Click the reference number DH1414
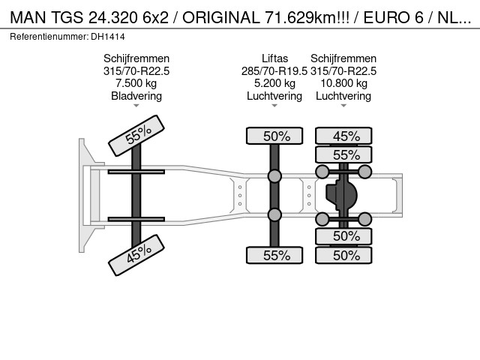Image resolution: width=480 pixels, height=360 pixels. (108, 37)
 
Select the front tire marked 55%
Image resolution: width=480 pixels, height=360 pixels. (136, 136)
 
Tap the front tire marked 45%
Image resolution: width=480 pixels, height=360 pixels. (136, 255)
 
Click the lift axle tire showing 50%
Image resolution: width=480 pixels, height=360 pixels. (274, 136)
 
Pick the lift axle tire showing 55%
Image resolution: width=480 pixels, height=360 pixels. (274, 255)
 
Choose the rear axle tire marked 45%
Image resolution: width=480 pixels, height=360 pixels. (343, 136)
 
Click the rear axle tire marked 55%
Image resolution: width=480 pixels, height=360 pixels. (343, 155)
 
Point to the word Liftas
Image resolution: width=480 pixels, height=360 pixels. (274, 58)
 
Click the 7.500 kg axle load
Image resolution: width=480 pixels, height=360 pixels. (136, 83)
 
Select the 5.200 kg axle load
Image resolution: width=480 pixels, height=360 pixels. (274, 83)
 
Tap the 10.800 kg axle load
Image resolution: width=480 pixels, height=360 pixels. (343, 83)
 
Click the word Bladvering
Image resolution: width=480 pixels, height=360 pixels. (136, 96)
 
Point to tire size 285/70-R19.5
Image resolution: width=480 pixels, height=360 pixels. (274, 71)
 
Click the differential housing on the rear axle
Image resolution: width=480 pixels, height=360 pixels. (341, 195)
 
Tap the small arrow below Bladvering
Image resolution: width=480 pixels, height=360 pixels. (136, 106)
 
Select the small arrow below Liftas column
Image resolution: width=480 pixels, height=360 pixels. (274, 106)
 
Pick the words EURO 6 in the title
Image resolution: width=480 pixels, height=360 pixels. (393, 17)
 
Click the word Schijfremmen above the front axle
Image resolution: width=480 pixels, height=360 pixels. (136, 58)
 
